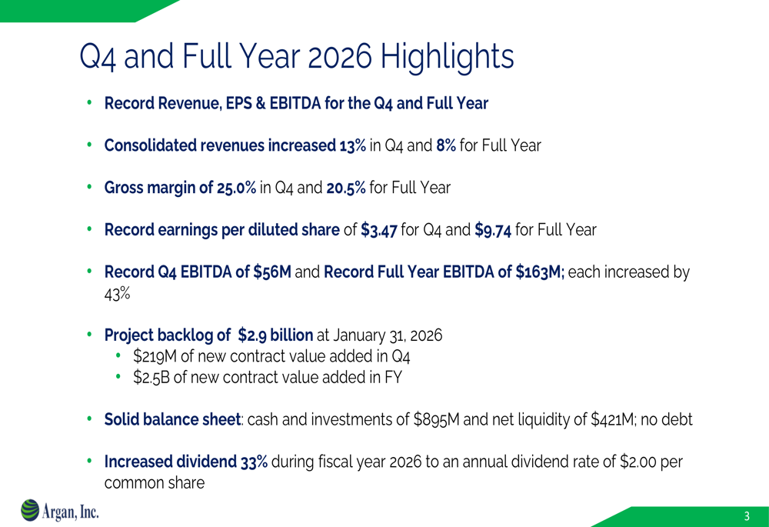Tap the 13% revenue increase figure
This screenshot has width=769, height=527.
pos(352,145)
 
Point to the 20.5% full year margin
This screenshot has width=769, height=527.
pos(346,188)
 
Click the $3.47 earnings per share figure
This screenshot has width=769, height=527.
pos(378,230)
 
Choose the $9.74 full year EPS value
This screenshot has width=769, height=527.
pos(493,230)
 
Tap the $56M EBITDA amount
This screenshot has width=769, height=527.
pos(272,272)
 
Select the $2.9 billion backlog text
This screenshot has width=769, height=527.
pos(275,335)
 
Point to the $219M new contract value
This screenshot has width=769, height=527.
pos(151,356)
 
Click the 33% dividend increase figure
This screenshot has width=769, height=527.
pos(254,462)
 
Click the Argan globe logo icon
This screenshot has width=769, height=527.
pos(30,510)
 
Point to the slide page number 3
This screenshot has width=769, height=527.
pos(747,516)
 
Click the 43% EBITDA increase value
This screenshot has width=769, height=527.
pos(117,294)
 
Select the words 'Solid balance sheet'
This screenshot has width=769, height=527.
pos(172,419)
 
